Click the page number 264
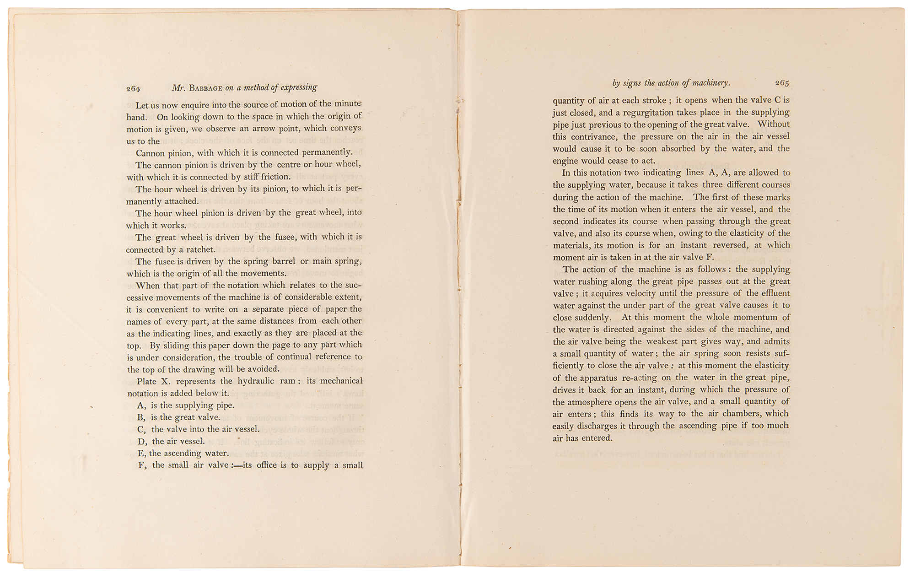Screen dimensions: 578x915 [133, 89]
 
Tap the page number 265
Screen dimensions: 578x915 [782, 83]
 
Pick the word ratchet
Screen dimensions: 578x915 [200, 249]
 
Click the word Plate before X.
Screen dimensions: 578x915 [147, 381]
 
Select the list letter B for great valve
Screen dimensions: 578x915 [141, 417]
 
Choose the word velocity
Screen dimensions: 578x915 [634, 293]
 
